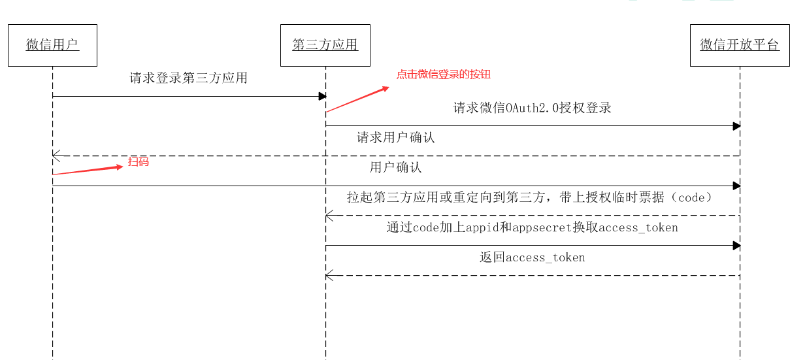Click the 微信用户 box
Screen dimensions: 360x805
[x=52, y=45]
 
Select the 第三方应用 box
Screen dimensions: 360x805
[x=325, y=45]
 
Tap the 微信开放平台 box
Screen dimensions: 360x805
[x=740, y=45]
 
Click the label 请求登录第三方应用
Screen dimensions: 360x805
[x=189, y=78]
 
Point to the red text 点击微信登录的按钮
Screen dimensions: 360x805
[x=443, y=74]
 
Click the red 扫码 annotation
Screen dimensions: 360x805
[x=139, y=162]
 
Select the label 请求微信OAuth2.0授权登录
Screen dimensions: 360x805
[x=532, y=108]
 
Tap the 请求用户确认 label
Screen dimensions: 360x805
[x=395, y=138]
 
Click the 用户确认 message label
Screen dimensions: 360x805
[x=395, y=168]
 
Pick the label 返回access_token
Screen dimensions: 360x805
[x=532, y=257]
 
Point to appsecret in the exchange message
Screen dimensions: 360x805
[x=538, y=228]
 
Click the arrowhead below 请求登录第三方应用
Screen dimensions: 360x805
[x=322, y=97]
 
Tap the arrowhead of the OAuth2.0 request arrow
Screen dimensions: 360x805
[x=736, y=126]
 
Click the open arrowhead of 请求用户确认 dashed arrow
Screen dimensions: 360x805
[x=56, y=155]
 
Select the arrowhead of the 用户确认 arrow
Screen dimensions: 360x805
[x=736, y=186]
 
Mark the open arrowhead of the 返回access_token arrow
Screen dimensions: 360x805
[x=329, y=276]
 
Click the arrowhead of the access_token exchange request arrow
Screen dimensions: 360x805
[x=736, y=246]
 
